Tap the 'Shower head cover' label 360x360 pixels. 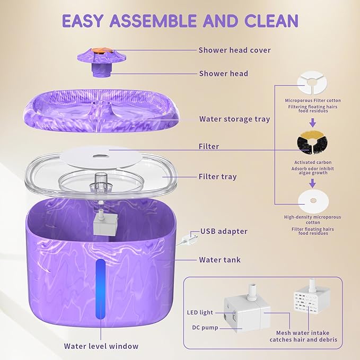235,50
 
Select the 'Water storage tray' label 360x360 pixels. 234,119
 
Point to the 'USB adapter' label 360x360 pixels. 224,231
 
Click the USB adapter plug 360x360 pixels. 188,238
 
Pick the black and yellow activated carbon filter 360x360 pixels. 312,142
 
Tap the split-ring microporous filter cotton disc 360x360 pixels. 312,82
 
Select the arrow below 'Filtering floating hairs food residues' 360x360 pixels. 312,123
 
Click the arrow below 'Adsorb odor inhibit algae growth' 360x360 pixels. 312,183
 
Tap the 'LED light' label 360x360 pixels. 200,312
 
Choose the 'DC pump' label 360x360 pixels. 205,328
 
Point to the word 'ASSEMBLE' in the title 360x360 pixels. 153,21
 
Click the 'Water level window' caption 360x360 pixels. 101,346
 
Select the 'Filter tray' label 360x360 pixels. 218,177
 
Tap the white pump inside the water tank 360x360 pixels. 106,224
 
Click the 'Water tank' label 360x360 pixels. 220,260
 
